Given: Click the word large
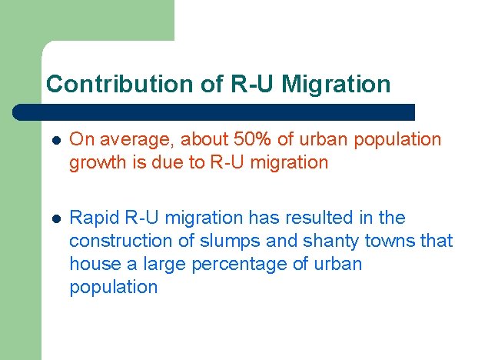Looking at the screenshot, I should [x=167, y=264].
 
